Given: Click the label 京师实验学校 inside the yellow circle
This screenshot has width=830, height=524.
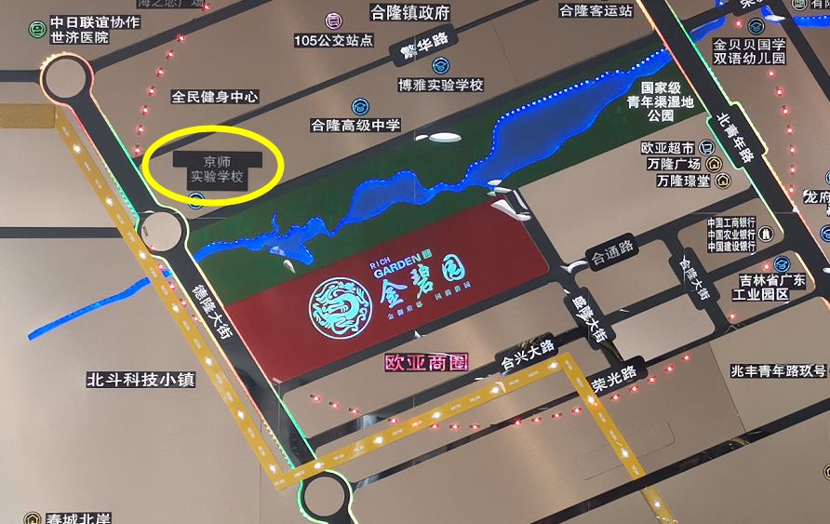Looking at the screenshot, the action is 216,168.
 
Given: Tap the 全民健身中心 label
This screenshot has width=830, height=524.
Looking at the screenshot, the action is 215,96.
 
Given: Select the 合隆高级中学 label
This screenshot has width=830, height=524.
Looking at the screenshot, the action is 355,125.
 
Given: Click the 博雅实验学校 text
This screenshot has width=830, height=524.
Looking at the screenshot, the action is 441,85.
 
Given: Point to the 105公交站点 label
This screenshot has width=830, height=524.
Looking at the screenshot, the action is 333,41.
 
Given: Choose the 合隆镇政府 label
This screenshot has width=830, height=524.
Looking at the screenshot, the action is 409,13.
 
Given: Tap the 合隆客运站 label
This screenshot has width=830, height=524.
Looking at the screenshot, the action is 596,10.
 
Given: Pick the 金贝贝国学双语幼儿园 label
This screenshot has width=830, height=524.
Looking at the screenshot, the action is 749,51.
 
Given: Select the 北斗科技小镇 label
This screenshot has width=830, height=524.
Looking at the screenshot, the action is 141,380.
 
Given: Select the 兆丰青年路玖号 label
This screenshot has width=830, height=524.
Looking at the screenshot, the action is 779,370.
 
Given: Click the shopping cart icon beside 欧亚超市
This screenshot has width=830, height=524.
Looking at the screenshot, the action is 706,147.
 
